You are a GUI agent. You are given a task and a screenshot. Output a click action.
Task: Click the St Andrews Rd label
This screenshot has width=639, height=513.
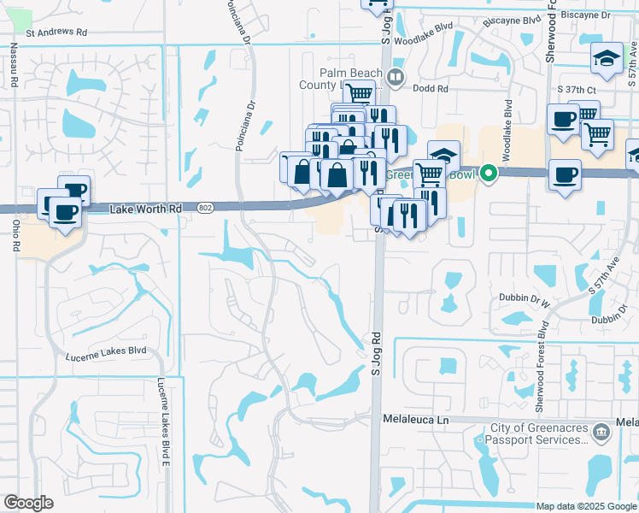(56, 33)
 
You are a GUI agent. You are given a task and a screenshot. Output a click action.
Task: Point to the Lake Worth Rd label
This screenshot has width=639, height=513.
(147, 208)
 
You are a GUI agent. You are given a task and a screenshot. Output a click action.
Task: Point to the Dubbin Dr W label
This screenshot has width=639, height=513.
(524, 298)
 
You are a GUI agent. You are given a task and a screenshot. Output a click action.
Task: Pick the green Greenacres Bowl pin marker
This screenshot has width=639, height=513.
(488, 174)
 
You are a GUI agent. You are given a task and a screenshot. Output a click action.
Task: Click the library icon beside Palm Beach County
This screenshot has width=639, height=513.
(395, 79)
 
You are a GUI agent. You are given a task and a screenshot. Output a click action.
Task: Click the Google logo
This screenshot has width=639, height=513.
(28, 503)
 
